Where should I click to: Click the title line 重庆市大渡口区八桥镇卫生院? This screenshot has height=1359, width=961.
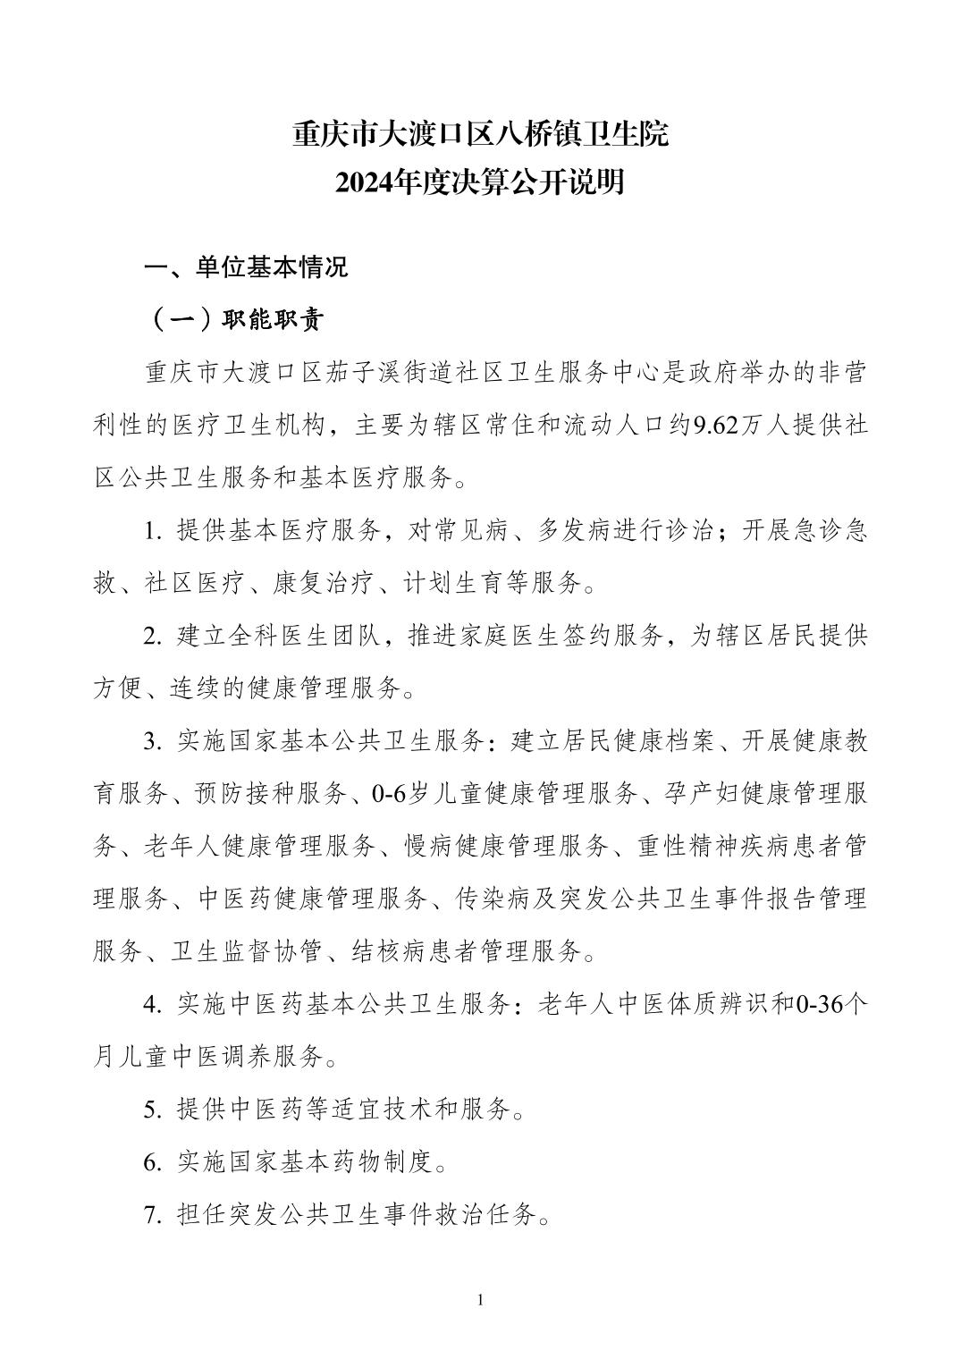click(480, 136)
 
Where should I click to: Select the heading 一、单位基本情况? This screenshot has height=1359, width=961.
click(246, 267)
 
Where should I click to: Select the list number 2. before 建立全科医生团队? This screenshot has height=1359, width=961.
click(153, 637)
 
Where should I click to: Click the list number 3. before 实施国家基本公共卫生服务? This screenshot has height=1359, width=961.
click(153, 741)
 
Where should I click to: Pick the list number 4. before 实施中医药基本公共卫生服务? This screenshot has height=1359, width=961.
click(153, 1004)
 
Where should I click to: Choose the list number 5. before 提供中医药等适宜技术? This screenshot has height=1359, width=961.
click(153, 1110)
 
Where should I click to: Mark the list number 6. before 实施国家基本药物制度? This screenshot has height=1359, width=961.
click(153, 1162)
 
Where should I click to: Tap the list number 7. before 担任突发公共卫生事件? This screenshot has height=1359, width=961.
click(153, 1215)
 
